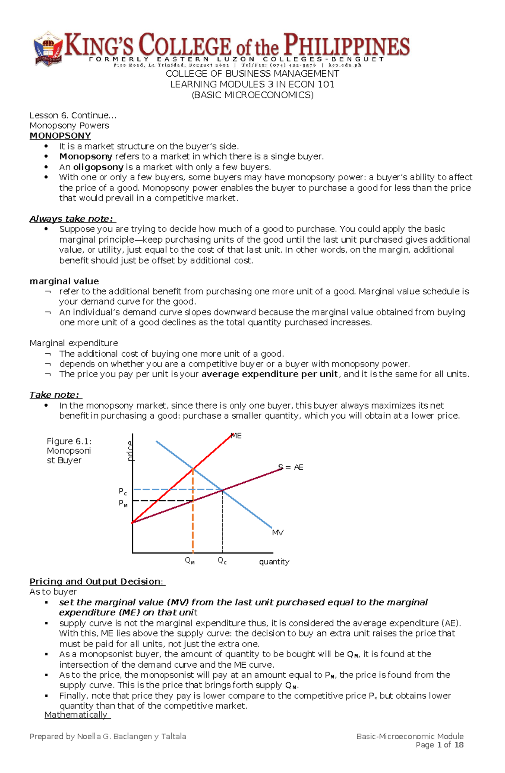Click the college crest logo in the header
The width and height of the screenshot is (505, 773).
tap(48, 49)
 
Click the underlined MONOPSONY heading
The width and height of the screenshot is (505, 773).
tap(60, 136)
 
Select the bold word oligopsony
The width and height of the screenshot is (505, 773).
tap(98, 167)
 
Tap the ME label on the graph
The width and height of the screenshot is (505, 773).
tap(237, 436)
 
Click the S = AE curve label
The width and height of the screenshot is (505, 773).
tap(291, 467)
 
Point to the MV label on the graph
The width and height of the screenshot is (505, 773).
tap(278, 532)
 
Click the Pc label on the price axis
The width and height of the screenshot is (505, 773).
tap(122, 492)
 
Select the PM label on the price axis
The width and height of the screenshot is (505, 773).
tap(123, 503)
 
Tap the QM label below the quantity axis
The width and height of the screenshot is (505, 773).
tap(190, 561)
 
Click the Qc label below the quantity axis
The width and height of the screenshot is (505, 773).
tap(222, 561)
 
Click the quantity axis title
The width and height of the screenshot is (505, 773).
tap(274, 562)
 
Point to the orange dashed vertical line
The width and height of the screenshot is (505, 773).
tap(193, 527)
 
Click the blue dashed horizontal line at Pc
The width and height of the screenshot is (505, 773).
tap(168, 489)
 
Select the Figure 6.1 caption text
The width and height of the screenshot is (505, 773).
tap(69, 451)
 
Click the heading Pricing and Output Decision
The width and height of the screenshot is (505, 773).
tap(97, 581)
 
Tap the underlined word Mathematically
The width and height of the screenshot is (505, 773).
tap(76, 715)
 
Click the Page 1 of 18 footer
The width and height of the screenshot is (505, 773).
tap(439, 745)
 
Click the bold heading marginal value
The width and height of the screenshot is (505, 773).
tap(64, 281)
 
